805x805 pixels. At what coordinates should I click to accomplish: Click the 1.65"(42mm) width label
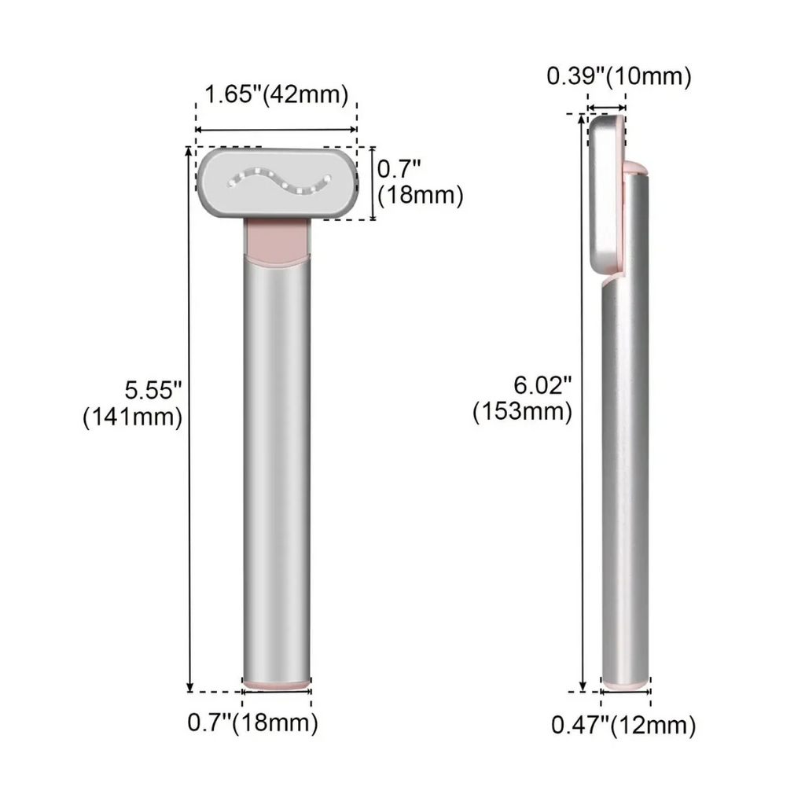276,95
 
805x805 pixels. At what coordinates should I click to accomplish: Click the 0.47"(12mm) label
623,726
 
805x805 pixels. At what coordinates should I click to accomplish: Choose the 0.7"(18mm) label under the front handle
253,722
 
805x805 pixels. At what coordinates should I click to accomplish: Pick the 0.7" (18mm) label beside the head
419,182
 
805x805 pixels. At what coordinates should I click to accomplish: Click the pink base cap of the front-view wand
276,685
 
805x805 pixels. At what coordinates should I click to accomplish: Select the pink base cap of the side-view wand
626,686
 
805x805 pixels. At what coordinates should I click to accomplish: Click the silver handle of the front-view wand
276,472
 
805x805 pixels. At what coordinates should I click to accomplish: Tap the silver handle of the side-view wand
627,472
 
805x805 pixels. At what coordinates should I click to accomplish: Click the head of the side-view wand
605,197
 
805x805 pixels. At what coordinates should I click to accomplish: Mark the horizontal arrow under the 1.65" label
276,129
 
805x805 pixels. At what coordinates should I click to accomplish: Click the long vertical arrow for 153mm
583,550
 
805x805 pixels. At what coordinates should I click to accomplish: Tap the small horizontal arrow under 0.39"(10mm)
607,108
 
